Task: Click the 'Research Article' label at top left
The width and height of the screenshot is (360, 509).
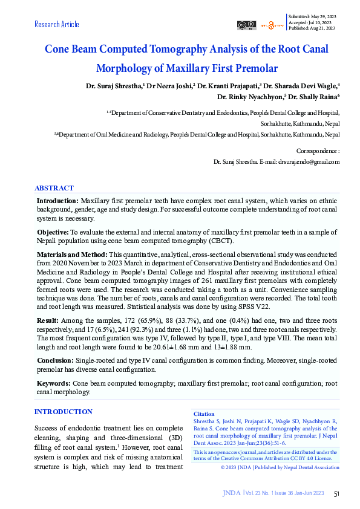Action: tap(57, 24)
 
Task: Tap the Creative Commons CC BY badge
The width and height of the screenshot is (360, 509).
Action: tap(246, 25)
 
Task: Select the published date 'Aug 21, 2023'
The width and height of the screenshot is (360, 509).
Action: tap(322, 27)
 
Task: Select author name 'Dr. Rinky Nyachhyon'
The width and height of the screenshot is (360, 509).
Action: tap(251, 96)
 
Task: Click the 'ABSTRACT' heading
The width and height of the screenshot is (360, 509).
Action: tap(54, 188)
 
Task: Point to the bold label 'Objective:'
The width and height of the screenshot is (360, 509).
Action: tap(53, 232)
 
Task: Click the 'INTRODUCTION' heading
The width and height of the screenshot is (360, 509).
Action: tap(64, 412)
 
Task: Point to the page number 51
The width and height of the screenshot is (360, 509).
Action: tap(337, 494)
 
